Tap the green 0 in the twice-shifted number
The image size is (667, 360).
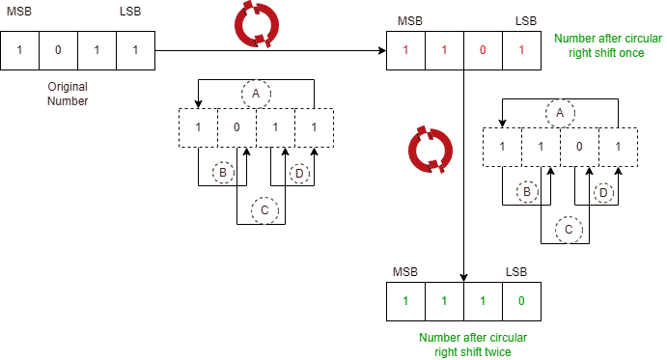point(521,300)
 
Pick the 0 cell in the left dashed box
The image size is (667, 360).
point(236,127)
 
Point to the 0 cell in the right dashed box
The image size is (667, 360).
point(578,147)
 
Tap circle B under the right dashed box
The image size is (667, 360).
point(527,191)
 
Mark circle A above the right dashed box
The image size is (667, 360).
point(559,113)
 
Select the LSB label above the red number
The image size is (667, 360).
point(526,20)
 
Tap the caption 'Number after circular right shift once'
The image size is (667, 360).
point(608,45)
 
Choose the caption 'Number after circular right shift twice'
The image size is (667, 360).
point(473,346)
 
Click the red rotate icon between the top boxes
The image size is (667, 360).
point(256,26)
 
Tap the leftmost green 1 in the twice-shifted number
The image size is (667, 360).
point(405,300)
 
